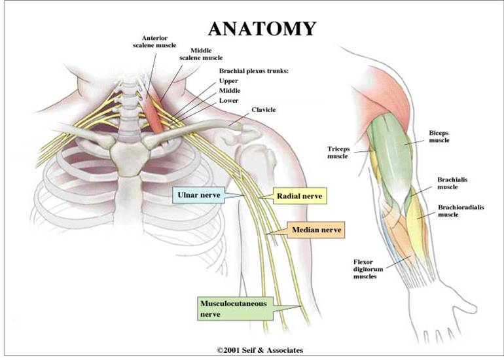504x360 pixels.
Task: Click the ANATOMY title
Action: [262, 28]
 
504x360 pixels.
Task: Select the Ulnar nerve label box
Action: [198, 194]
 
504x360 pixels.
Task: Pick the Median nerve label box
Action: [310, 230]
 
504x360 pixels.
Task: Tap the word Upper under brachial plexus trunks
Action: [229, 81]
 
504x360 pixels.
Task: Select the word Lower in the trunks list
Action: [229, 100]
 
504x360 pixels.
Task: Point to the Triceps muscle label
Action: [338, 153]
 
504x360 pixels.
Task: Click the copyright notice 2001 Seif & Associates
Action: [260, 350]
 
